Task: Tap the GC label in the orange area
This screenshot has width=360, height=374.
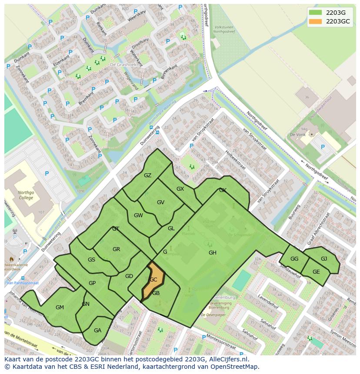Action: pyautogui.click(x=153, y=280)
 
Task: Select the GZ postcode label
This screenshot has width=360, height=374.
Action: pyautogui.click(x=148, y=175)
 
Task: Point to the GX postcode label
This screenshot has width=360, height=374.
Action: pyautogui.click(x=180, y=189)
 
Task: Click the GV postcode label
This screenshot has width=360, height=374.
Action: pyautogui.click(x=160, y=202)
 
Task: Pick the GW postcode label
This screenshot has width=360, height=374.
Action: pyautogui.click(x=138, y=215)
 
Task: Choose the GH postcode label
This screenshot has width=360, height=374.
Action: pyautogui.click(x=212, y=253)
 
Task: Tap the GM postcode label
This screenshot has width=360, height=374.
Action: pyautogui.click(x=60, y=308)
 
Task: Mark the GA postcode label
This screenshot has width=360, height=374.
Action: pyautogui.click(x=97, y=331)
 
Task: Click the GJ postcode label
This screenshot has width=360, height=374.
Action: pyautogui.click(x=324, y=259)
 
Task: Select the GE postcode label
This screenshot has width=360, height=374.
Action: pyautogui.click(x=316, y=272)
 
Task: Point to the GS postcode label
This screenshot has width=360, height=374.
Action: pyautogui.click(x=91, y=260)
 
